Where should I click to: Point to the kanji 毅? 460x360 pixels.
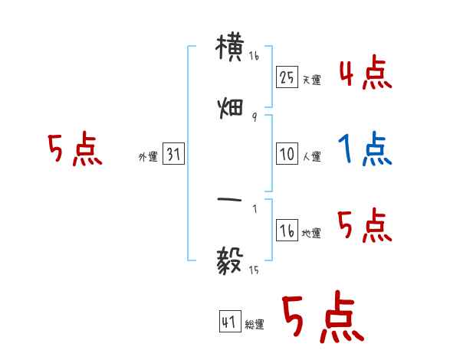[231, 261]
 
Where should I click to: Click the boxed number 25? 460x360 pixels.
[287, 77]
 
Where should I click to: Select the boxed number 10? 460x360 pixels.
[287, 154]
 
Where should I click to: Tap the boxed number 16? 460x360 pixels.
[287, 231]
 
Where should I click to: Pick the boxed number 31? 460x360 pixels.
[173, 155]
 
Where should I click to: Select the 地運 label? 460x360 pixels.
[311, 234]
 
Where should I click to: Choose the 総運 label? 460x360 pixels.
[255, 326]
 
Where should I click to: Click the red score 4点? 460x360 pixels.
[365, 74]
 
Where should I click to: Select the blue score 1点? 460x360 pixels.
[365, 149]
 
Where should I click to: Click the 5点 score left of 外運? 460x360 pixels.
[74, 149]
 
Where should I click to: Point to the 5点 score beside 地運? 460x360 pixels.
[365, 227]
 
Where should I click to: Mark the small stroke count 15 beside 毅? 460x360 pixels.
[254, 270]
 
